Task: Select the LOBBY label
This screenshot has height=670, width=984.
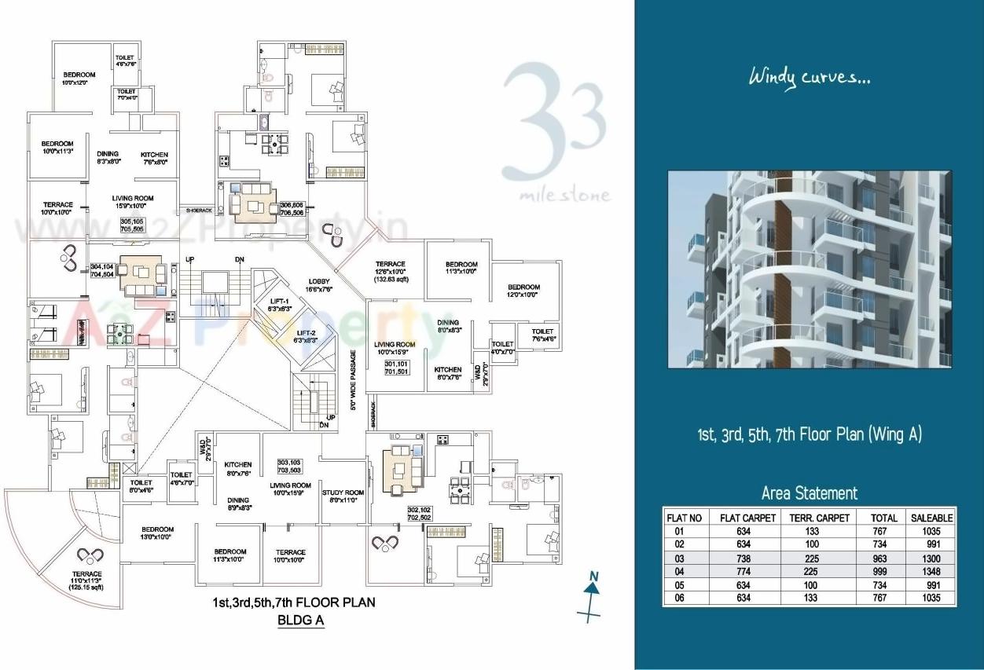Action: [x=320, y=285]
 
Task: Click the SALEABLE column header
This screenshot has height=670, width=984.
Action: [x=931, y=518]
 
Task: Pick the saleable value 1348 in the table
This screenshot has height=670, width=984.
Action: [x=931, y=571]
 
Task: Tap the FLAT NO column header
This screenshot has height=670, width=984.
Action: [x=684, y=518]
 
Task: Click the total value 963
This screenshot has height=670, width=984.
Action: [x=883, y=558]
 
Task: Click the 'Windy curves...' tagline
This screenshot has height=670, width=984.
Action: [x=809, y=78]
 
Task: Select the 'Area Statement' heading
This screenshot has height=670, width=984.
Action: [x=809, y=493]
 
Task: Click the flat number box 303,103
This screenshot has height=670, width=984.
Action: [x=289, y=466]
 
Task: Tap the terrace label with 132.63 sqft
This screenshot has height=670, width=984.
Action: [x=390, y=271]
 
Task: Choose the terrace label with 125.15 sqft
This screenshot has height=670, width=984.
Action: [x=86, y=580]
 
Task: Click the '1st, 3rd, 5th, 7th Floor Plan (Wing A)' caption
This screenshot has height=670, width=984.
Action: [x=810, y=434]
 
